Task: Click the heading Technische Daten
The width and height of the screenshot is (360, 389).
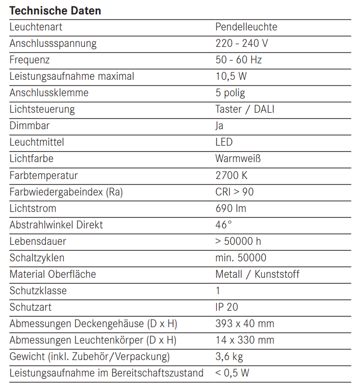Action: [55, 10]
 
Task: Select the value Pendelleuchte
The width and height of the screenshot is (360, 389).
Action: [246, 27]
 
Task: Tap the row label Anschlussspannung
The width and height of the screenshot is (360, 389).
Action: [53, 43]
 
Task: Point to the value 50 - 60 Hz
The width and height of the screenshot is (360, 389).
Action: [238, 60]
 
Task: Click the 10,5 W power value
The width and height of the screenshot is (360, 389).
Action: [231, 76]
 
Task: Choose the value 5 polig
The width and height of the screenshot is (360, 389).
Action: [230, 93]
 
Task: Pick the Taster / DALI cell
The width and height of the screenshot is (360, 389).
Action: [244, 109]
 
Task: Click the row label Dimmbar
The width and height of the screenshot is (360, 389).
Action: [29, 126]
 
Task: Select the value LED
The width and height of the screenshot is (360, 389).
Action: [224, 142]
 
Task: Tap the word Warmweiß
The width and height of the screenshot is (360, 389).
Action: [238, 159]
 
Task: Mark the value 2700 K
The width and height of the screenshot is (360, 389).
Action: [231, 176]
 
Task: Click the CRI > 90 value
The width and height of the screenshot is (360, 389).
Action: [234, 192]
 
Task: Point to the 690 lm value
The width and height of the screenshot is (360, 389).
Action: [230, 208]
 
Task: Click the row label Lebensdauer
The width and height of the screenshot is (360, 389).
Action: [38, 241]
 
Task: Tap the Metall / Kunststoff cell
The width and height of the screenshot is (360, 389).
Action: [257, 274]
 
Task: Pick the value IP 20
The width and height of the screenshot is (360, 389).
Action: [227, 307]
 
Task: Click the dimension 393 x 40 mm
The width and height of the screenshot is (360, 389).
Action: [244, 324]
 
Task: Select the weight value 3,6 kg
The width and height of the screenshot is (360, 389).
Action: [229, 357]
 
